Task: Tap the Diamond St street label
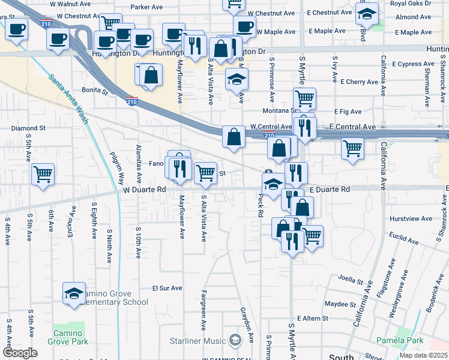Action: pos(28,128)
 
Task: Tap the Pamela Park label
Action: pos(400,340)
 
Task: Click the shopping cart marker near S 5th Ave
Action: pos(43,175)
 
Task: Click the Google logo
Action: pos(19,353)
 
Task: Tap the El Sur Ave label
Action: pos(167,288)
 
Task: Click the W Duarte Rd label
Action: pos(144,190)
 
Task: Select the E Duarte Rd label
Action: pos(330,190)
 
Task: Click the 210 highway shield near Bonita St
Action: pos(132,103)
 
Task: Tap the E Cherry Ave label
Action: pos(359,82)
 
